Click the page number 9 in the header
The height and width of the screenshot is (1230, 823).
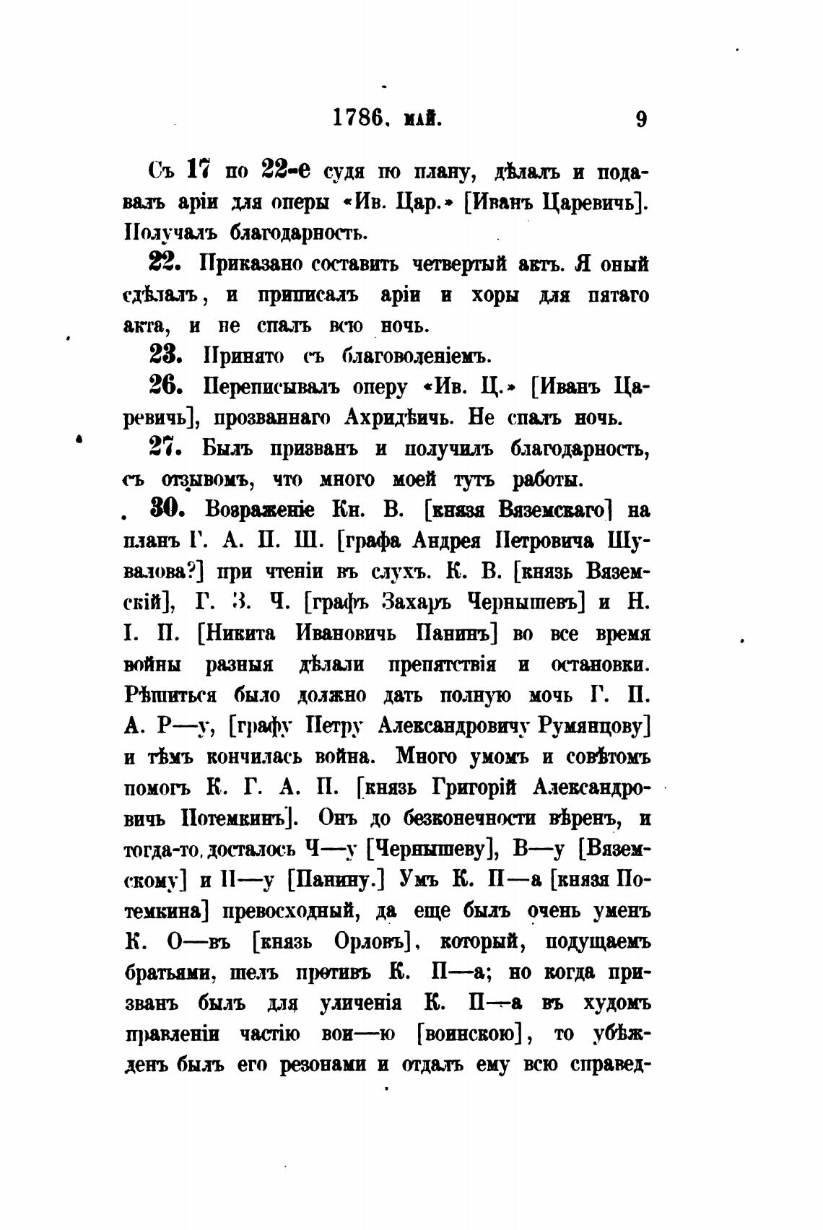click(x=640, y=119)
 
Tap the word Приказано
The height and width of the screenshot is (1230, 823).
click(x=250, y=263)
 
